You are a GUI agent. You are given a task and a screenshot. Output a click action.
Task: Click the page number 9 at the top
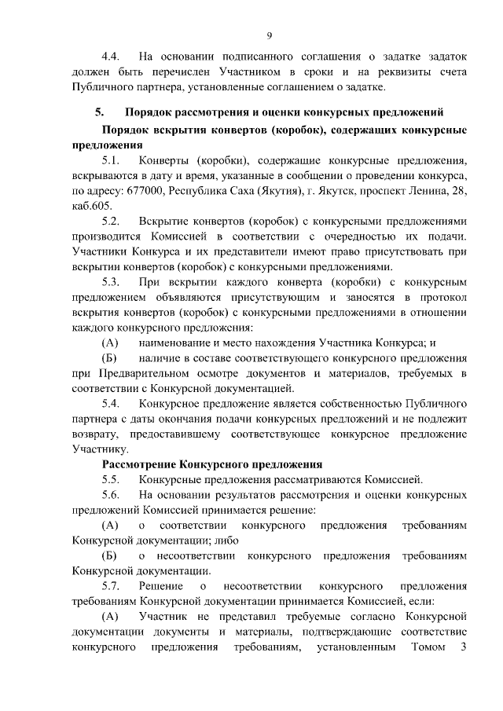click(269, 35)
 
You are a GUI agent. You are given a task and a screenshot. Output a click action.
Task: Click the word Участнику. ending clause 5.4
click(100, 449)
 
